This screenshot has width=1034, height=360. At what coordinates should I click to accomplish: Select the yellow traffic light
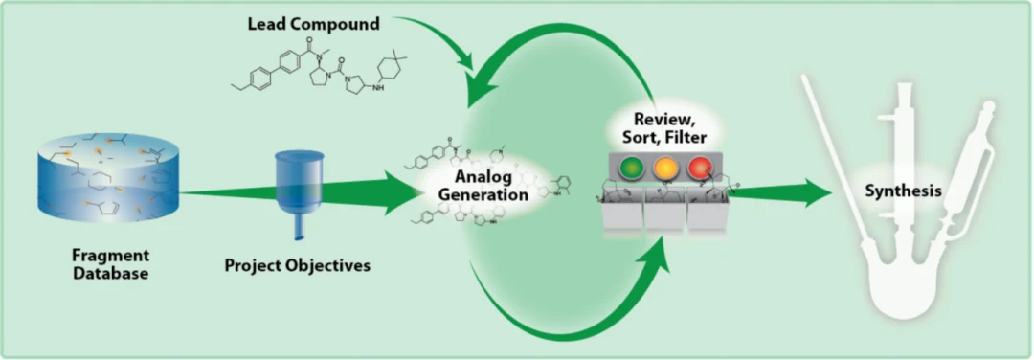(x=664, y=169)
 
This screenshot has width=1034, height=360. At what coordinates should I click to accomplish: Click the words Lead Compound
(x=313, y=24)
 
